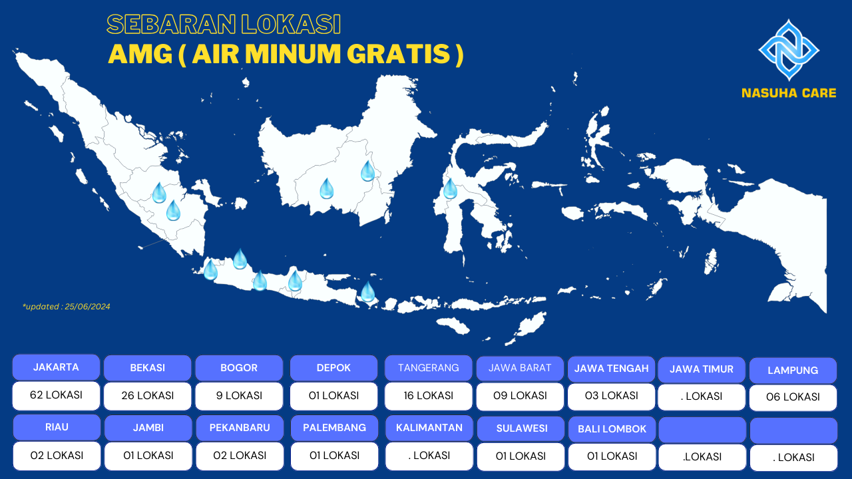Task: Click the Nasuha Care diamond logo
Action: [x=789, y=50]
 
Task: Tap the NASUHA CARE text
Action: [x=789, y=93]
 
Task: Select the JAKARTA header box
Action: [x=57, y=367]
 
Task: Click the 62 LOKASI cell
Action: [x=57, y=395]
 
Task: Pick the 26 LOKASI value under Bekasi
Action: [x=148, y=396]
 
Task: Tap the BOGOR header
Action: [x=239, y=368]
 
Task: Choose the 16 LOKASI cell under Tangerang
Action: [x=428, y=396]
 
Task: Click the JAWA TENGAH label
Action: [x=611, y=369]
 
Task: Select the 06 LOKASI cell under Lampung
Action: [x=793, y=397]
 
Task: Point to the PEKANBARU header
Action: [x=240, y=428]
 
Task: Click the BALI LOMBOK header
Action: [x=612, y=429]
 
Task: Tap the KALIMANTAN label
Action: [x=429, y=428]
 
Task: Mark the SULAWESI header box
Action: [x=521, y=429]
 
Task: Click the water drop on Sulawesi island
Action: [x=451, y=189]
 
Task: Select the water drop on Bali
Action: [x=368, y=291]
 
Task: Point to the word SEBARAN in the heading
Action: [x=171, y=25]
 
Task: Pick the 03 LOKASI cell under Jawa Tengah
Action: [x=611, y=396]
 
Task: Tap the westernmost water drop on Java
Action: [x=210, y=269]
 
